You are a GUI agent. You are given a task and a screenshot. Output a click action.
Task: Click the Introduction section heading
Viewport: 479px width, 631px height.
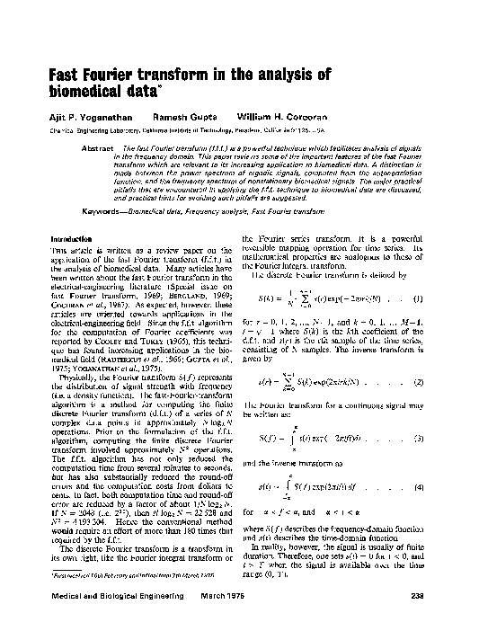coord(74,238)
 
